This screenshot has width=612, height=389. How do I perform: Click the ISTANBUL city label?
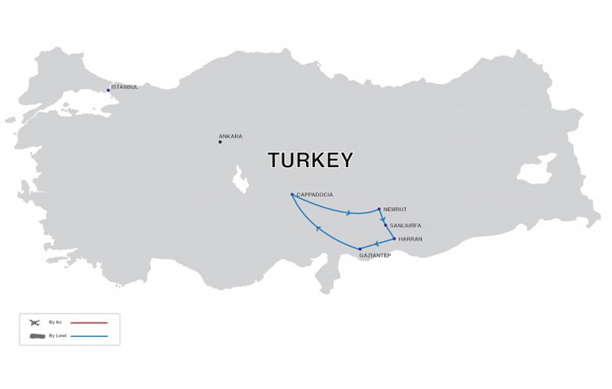tap(125, 87)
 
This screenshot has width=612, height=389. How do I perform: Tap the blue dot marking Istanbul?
tap(109, 90)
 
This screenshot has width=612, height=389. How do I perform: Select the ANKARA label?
tap(230, 136)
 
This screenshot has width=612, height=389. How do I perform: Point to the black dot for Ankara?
tap(220, 142)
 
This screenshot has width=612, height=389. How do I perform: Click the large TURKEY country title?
tap(310, 160)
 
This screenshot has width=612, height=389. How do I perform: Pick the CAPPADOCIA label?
tap(315, 194)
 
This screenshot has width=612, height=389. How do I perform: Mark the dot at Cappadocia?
tap(292, 194)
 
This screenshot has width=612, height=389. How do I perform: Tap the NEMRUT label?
tap(396, 209)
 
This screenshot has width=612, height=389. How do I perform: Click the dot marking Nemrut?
tap(379, 209)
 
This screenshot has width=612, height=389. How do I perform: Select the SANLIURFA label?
tap(406, 225)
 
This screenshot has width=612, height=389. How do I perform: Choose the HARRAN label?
tap(410, 239)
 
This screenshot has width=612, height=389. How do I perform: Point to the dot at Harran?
tap(395, 239)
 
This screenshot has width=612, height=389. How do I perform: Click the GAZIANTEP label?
tap(375, 255)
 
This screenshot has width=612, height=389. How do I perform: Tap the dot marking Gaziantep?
tap(360, 248)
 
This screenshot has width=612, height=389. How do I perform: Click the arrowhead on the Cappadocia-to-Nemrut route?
tap(349, 212)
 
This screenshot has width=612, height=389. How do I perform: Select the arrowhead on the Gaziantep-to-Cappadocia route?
tap(318, 228)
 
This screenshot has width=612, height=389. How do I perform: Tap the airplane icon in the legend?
tap(33, 321)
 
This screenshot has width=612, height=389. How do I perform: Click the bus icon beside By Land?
tap(33, 336)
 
